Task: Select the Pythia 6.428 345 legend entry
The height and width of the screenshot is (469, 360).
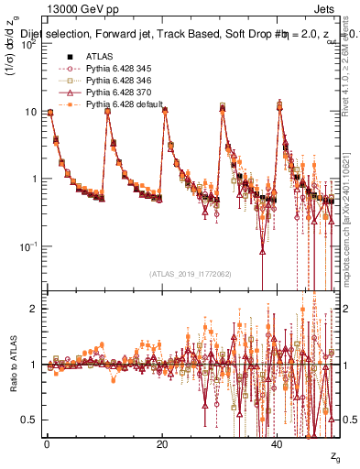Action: click(117, 68)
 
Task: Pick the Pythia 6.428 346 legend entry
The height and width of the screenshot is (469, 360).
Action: click(117, 81)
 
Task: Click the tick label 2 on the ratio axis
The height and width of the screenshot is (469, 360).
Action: click(32, 310)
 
